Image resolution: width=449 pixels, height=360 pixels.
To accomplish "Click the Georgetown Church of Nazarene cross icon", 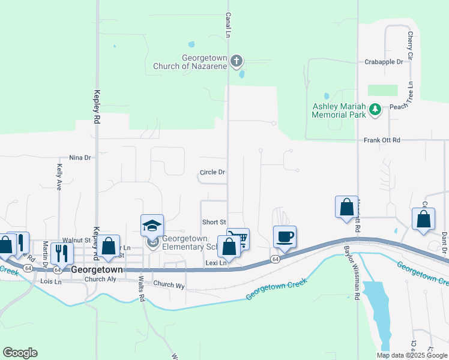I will [x=237, y=60].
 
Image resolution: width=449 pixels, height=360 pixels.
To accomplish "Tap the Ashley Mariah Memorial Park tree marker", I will [x=375, y=109].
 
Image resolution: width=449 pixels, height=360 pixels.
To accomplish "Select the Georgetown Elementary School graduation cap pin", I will [x=152, y=227].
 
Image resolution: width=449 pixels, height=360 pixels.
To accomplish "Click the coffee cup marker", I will [x=284, y=236].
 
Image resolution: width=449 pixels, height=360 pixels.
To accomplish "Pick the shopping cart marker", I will [x=238, y=239].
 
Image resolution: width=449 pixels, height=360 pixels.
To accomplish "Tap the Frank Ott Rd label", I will [x=382, y=140].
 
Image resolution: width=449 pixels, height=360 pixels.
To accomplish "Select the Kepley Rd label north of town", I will [x=97, y=107].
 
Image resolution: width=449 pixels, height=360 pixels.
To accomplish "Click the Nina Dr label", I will [x=80, y=157].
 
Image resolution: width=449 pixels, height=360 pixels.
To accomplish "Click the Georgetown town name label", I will [x=97, y=270].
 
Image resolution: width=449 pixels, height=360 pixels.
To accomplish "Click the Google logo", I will [x=20, y=353].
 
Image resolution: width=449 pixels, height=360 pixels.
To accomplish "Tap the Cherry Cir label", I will [x=411, y=45].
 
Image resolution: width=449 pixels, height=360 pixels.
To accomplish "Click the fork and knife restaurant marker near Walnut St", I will [x=61, y=253].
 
